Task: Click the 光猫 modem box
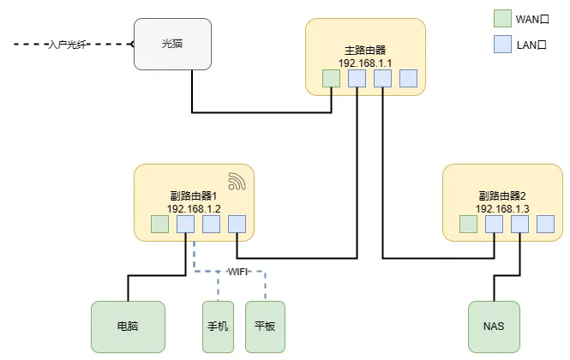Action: pos(172,44)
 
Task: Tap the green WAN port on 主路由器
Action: pos(331,79)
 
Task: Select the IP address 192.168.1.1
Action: pos(365,63)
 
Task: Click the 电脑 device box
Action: pos(128,327)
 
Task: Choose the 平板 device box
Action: pos(265,327)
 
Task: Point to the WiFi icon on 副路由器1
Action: pos(237,181)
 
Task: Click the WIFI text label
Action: pos(237,272)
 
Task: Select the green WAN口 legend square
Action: pos(503,19)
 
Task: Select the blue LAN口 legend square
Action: pos(503,43)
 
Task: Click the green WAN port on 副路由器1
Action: pos(159,225)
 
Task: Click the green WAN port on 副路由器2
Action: pos(468,225)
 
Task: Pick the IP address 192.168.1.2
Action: pos(194,208)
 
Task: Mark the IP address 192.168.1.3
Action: pos(502,208)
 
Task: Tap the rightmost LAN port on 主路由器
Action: pos(408,79)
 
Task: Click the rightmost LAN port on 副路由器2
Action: pos(545,225)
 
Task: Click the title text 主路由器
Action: pos(365,50)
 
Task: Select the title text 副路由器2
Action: pos(502,195)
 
